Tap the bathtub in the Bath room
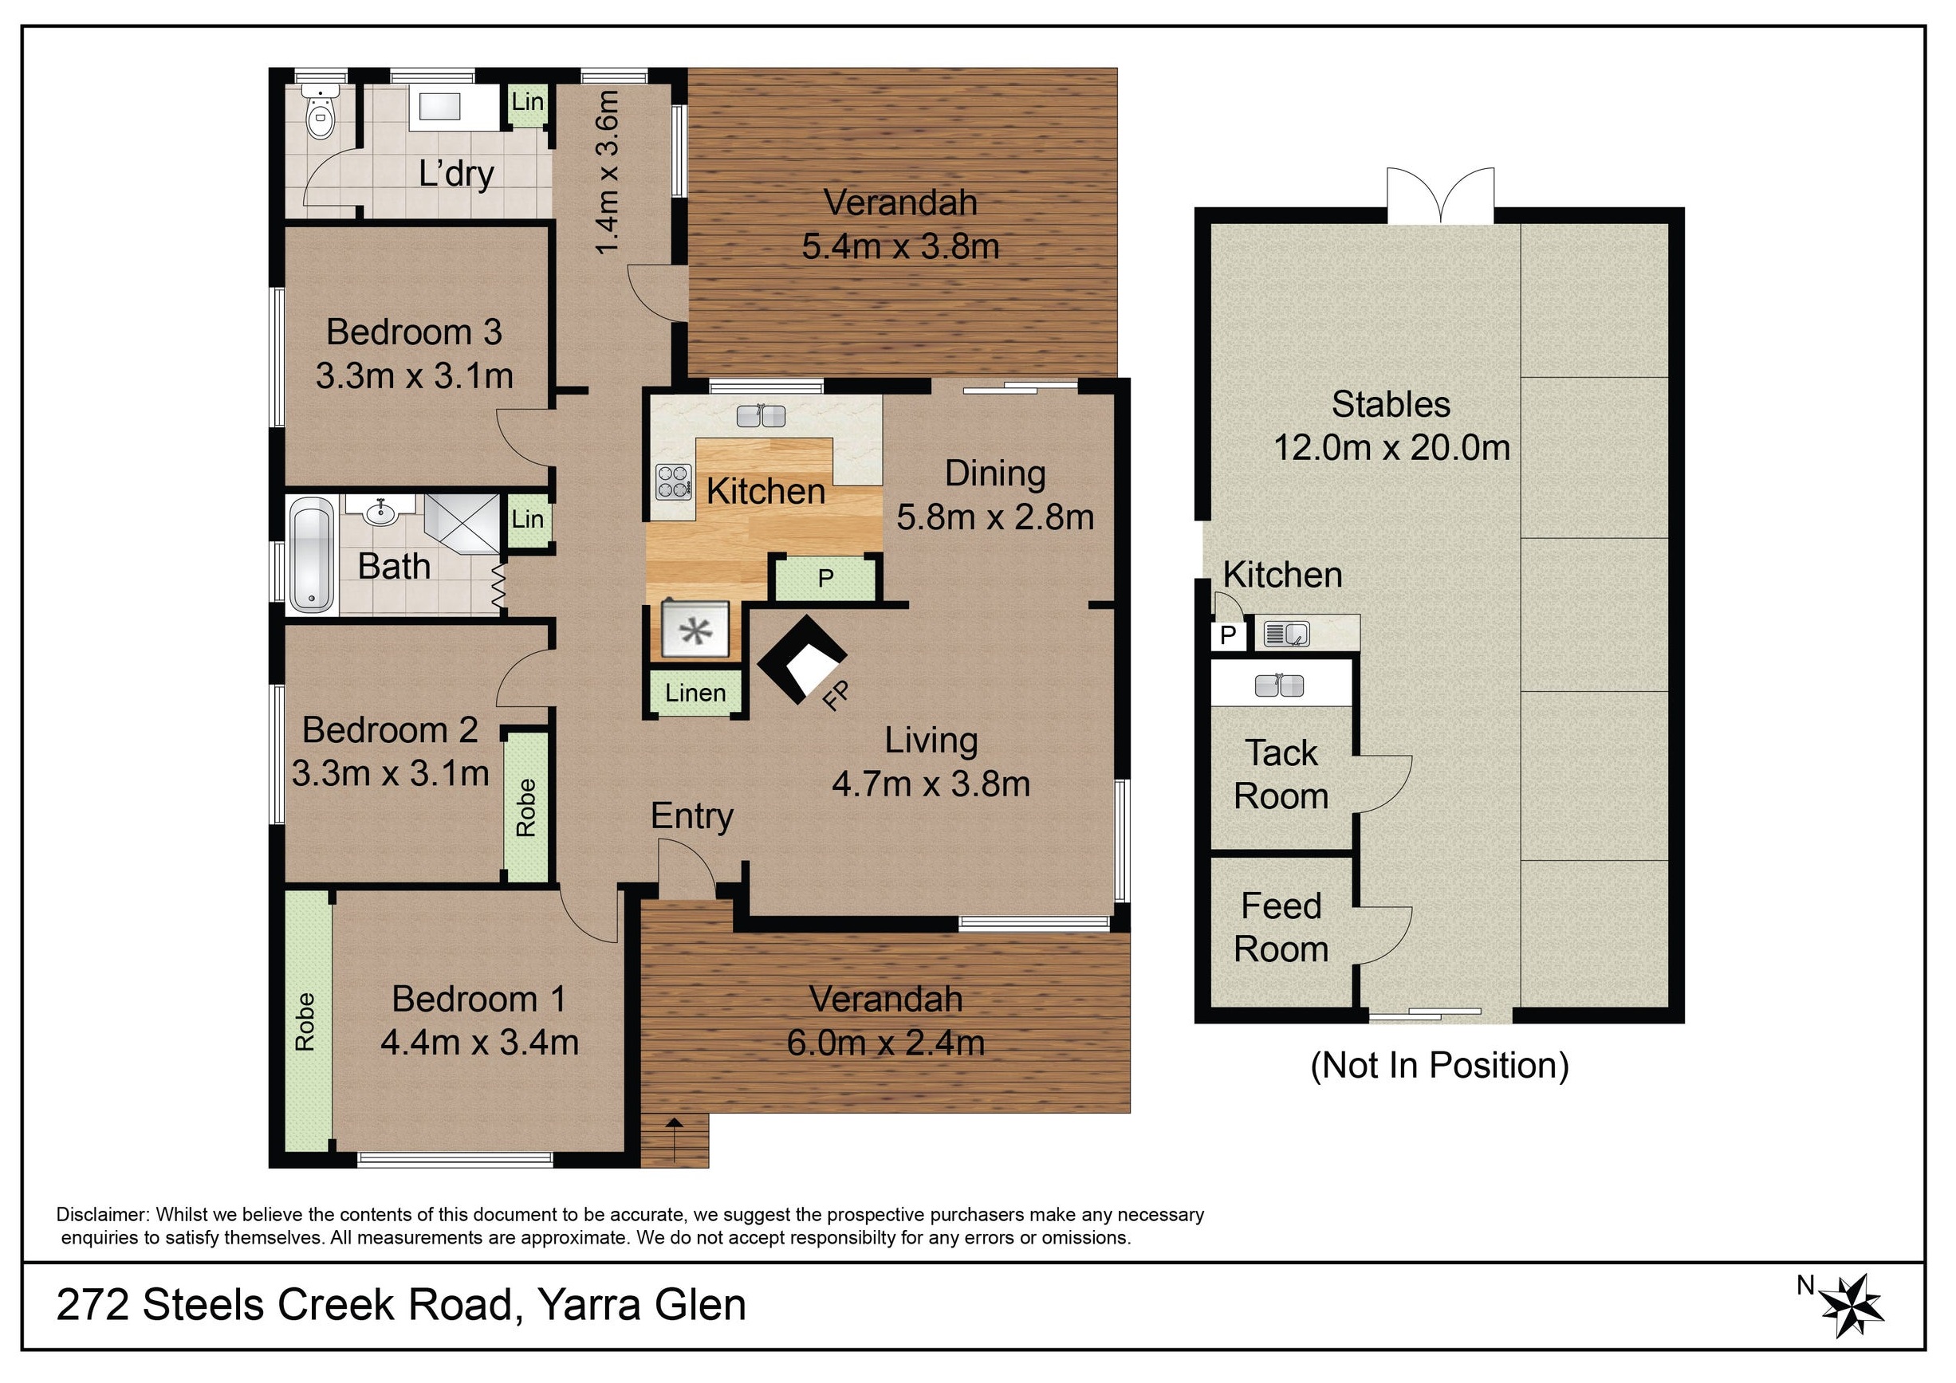click(x=311, y=556)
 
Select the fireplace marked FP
click(x=801, y=660)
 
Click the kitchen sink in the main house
click(x=761, y=415)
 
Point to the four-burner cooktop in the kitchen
click(x=673, y=481)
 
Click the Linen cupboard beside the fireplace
click(x=696, y=693)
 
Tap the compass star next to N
click(x=1851, y=1306)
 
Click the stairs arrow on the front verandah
click(x=675, y=1139)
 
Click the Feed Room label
click(x=1281, y=927)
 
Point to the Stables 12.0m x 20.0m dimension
click(x=1391, y=448)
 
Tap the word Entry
click(x=692, y=817)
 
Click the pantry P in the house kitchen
click(x=825, y=578)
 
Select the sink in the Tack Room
click(x=1279, y=686)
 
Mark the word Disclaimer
click(x=103, y=1214)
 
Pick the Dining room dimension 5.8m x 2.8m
click(x=995, y=517)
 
